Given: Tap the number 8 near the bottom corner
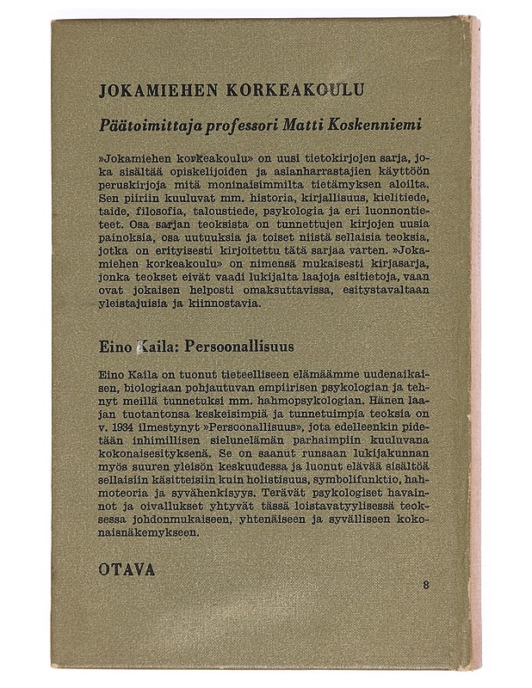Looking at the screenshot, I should click(x=426, y=585).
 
